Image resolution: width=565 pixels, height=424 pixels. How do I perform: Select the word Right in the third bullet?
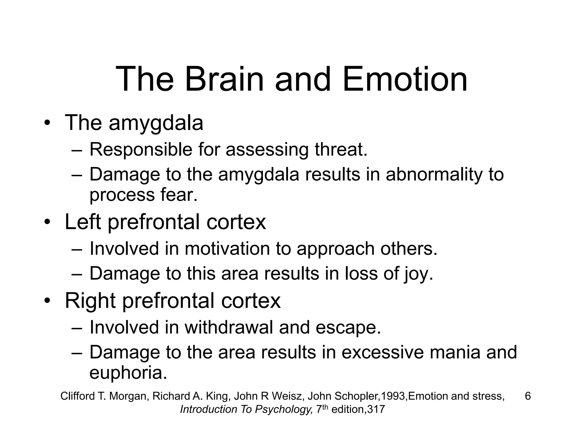tap(90, 301)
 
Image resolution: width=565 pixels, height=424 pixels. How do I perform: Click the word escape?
tap(348, 328)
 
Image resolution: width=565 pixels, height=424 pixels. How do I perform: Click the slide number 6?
tap(528, 396)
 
